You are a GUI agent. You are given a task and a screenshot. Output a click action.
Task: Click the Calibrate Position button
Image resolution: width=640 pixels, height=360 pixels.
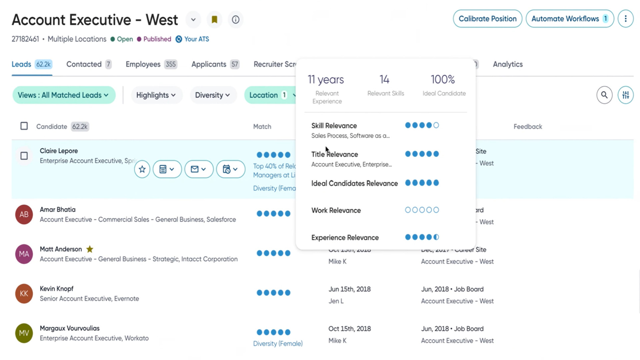(487, 19)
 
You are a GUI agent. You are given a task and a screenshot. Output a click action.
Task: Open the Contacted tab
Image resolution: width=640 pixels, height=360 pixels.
(84, 64)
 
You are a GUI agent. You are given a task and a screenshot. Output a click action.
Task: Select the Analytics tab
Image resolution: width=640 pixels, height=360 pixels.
(508, 64)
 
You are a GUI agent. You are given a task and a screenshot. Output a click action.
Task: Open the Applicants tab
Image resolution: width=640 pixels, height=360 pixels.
(209, 64)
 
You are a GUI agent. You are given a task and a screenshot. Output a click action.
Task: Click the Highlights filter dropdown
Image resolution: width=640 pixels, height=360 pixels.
(156, 95)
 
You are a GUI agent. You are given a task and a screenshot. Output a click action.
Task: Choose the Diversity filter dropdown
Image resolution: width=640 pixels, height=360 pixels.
(212, 95)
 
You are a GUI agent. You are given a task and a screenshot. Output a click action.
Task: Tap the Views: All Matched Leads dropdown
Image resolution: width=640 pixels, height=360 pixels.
(63, 95)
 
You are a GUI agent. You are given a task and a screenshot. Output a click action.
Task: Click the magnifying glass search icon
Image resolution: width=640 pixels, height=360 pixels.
(604, 95)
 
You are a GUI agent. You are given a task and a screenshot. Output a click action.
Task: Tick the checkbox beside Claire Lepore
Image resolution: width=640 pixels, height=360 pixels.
(24, 156)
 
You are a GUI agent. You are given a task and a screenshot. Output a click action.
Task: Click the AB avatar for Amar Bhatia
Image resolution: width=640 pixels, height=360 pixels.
(24, 214)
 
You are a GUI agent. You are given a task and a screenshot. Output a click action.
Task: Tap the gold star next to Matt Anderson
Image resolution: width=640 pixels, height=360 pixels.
(90, 249)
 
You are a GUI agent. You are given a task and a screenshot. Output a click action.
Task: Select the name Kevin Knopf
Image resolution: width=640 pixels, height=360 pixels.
(57, 289)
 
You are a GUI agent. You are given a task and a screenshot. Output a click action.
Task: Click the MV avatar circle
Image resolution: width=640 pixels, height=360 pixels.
(24, 333)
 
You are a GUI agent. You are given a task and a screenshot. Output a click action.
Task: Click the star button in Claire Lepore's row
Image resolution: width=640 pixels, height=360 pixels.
(142, 169)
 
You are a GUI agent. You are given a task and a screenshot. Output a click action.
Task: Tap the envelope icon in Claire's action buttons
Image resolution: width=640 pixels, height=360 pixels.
(195, 169)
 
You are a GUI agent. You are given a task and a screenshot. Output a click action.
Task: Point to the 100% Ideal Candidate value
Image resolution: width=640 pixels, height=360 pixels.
(443, 80)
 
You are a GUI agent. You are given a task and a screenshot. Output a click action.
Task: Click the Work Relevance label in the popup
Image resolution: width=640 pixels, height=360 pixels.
(336, 210)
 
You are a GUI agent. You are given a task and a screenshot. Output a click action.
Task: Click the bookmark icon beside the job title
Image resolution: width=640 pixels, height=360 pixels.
(214, 20)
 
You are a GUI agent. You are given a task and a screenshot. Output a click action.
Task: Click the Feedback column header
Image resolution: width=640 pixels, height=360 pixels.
(528, 127)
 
